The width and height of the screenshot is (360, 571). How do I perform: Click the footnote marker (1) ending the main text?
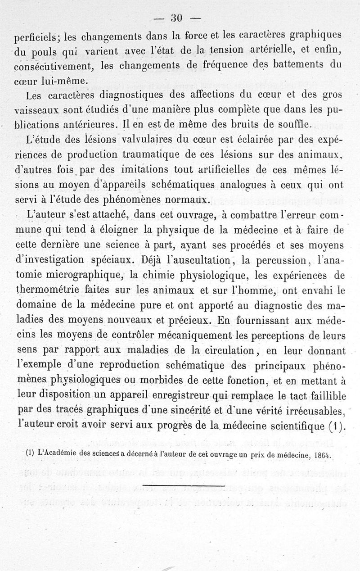(x=333, y=425)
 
